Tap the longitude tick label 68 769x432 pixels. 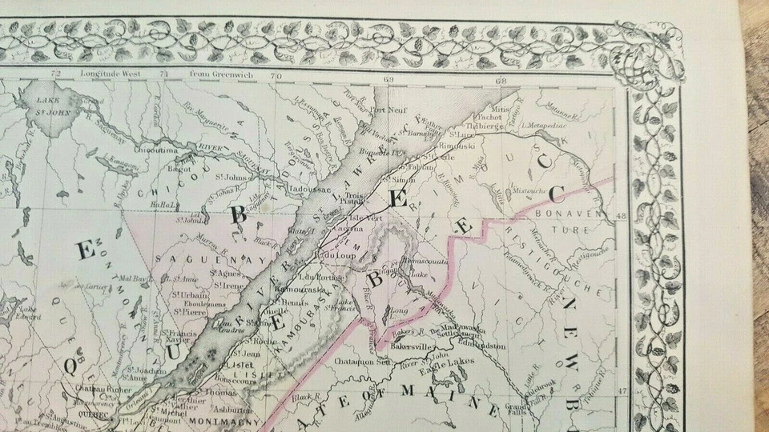point(502,80)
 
